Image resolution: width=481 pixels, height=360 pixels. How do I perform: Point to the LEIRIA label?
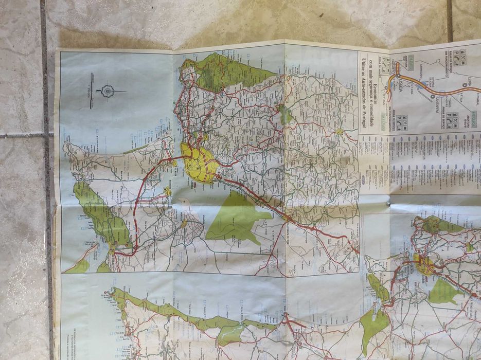pos(470,81)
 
